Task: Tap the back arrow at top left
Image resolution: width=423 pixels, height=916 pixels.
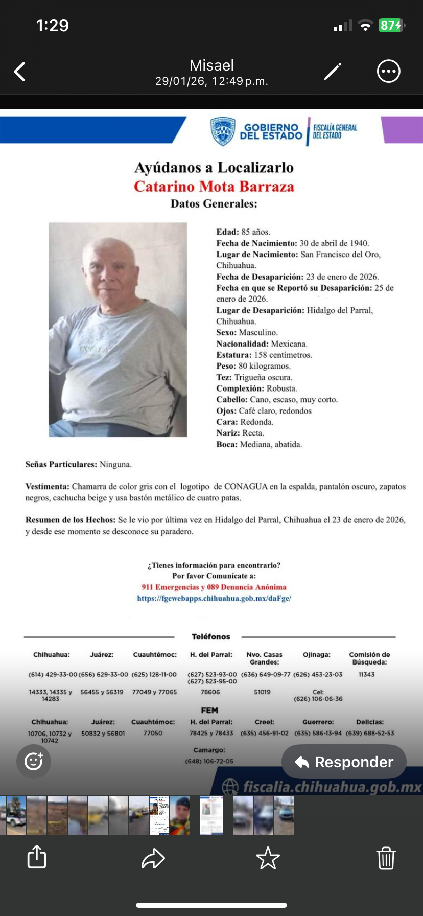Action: coord(20,72)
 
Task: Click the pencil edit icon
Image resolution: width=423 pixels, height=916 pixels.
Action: coord(333,72)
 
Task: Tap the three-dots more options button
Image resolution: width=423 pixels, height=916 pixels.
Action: coord(388,72)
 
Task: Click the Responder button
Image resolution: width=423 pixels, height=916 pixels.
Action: coord(344,762)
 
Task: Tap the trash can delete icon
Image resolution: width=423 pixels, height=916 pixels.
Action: coord(386,858)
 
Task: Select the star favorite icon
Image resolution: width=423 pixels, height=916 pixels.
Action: coord(268,858)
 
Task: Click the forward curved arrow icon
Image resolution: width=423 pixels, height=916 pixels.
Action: coord(153,858)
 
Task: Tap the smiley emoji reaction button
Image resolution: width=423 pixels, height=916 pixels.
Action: coord(34,761)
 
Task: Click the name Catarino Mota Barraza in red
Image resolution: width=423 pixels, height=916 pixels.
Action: coord(214,187)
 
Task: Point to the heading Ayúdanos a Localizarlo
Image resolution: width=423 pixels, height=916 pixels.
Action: coord(214,168)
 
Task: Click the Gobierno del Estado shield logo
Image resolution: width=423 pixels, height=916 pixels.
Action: coord(223,131)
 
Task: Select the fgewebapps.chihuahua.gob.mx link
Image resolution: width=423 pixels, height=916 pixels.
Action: coord(214,598)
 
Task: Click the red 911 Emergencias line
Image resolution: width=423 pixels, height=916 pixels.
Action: coord(214,587)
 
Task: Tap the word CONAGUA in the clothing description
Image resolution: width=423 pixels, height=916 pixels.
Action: coord(246,487)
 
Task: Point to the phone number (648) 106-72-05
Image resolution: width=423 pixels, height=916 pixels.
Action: coord(209,761)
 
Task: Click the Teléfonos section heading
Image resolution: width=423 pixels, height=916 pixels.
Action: coord(211,637)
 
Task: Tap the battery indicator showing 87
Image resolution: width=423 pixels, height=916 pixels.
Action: coord(391,26)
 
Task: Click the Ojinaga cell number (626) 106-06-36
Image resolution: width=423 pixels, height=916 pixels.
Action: coord(318,699)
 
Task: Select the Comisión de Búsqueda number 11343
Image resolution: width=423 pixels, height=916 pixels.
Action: coord(367,675)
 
